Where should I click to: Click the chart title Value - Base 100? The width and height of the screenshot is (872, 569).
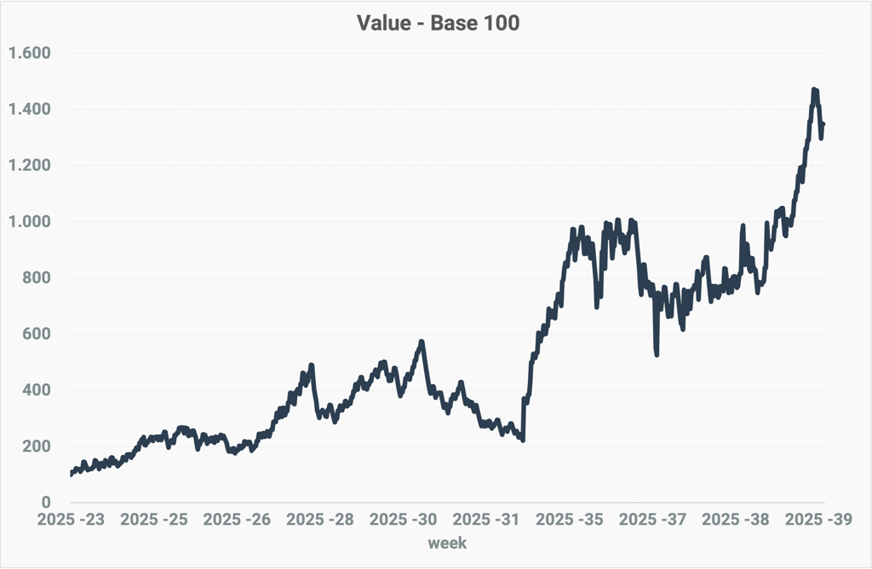tap(437, 24)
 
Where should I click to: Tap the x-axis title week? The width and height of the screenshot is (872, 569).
tap(447, 542)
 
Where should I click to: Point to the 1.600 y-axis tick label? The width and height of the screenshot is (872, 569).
tap(30, 54)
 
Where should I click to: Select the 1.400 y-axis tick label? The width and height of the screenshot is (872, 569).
tap(30, 110)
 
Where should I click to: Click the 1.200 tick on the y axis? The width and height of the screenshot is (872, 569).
tap(30, 166)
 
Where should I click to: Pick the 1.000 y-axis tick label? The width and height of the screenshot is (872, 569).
tap(30, 222)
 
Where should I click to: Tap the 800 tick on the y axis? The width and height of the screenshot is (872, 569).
tap(37, 278)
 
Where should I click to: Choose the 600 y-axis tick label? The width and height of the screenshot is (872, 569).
tap(37, 334)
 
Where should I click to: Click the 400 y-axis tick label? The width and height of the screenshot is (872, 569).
tap(37, 390)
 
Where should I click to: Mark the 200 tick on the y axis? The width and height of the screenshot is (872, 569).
tap(37, 447)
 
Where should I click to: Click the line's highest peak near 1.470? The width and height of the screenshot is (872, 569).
tap(815, 89)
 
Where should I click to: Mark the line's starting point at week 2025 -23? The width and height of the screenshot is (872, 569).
tap(71, 475)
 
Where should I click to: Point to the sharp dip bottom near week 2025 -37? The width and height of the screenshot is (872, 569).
tap(657, 354)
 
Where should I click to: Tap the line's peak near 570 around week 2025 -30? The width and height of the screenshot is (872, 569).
tap(422, 342)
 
